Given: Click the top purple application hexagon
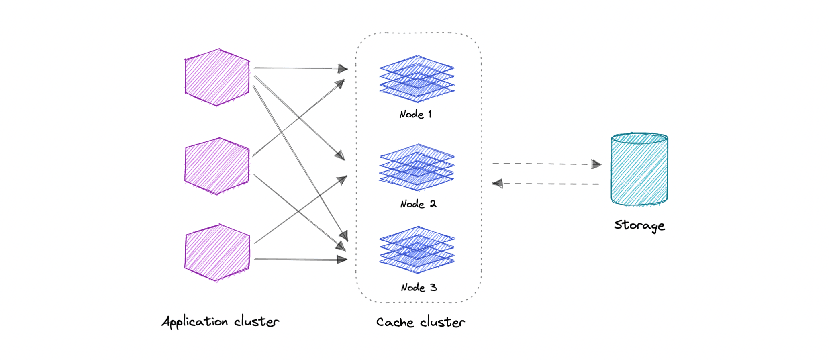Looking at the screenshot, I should [217, 78].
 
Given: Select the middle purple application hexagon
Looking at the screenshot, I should [217, 166].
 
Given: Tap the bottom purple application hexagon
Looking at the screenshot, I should [217, 252].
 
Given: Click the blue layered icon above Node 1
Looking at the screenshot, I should [417, 78].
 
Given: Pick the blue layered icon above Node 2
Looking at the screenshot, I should [417, 167].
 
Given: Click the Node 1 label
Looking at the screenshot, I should [416, 115].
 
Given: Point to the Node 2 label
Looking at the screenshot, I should [418, 204].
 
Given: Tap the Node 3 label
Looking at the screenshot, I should [419, 288].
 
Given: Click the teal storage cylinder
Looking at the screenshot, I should [639, 170].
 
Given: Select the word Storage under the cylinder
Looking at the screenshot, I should [639, 225].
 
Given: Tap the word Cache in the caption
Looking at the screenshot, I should [395, 322].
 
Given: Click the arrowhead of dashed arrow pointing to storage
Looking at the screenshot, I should [596, 164].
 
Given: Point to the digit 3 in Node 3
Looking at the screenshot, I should [433, 288].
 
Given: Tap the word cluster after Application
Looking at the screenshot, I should [256, 321].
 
